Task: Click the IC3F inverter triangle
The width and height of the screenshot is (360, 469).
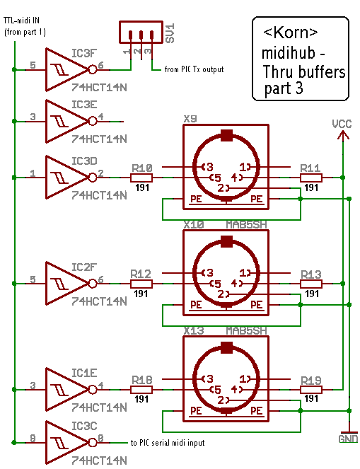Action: tap(66, 70)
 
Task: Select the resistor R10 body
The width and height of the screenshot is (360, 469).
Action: tap(141, 178)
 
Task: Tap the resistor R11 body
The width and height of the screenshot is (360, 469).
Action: tap(311, 178)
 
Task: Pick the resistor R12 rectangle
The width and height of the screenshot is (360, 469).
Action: tap(141, 284)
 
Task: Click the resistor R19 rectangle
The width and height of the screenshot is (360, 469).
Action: tap(311, 390)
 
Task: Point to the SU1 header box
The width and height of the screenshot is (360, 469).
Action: tap(141, 32)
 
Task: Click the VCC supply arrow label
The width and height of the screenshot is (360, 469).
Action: tap(342, 124)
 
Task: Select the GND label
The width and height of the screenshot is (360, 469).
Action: tap(348, 439)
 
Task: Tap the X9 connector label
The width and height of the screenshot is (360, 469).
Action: tap(190, 119)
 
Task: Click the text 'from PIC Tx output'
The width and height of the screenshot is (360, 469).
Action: tap(194, 69)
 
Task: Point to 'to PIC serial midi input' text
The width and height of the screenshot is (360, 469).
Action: tap(168, 443)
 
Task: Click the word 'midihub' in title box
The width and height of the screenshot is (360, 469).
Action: tap(289, 53)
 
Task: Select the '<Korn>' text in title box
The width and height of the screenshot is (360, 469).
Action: tap(290, 32)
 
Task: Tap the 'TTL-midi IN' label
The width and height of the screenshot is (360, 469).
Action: tap(21, 21)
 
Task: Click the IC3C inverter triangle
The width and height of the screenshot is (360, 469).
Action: tap(66, 442)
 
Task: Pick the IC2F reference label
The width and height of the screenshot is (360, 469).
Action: tap(84, 267)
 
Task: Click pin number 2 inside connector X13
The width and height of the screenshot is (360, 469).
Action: tap(221, 400)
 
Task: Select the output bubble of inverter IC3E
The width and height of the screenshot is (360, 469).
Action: tap(93, 121)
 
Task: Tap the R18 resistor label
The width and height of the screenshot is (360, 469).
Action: tap(142, 380)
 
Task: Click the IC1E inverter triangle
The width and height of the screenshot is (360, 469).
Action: tap(66, 390)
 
